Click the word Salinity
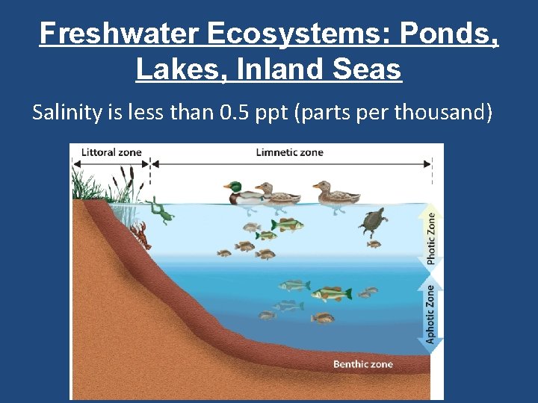tap(66, 113)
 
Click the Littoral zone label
tap(111, 152)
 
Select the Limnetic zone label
tap(289, 152)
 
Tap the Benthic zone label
tap(362, 364)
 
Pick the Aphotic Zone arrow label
tap(432, 313)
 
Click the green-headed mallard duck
tap(244, 193)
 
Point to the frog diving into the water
tap(159, 211)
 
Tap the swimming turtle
tap(372, 222)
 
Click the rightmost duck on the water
tap(334, 194)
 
